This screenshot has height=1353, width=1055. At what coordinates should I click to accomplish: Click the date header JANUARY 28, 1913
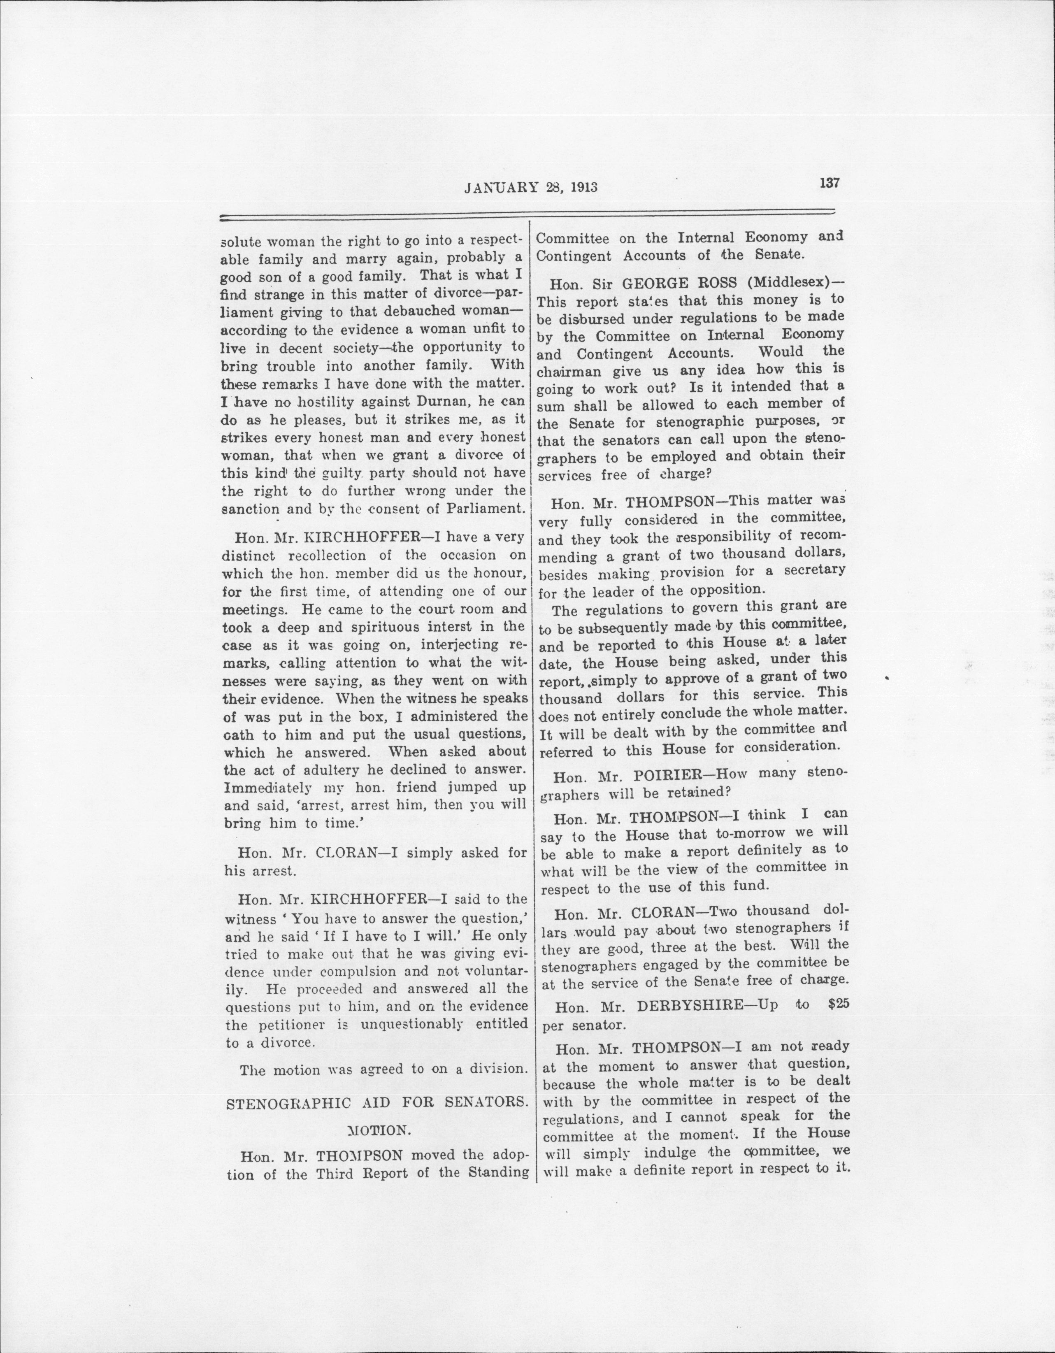(530, 186)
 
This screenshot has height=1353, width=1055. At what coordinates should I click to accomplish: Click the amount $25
(838, 1005)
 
